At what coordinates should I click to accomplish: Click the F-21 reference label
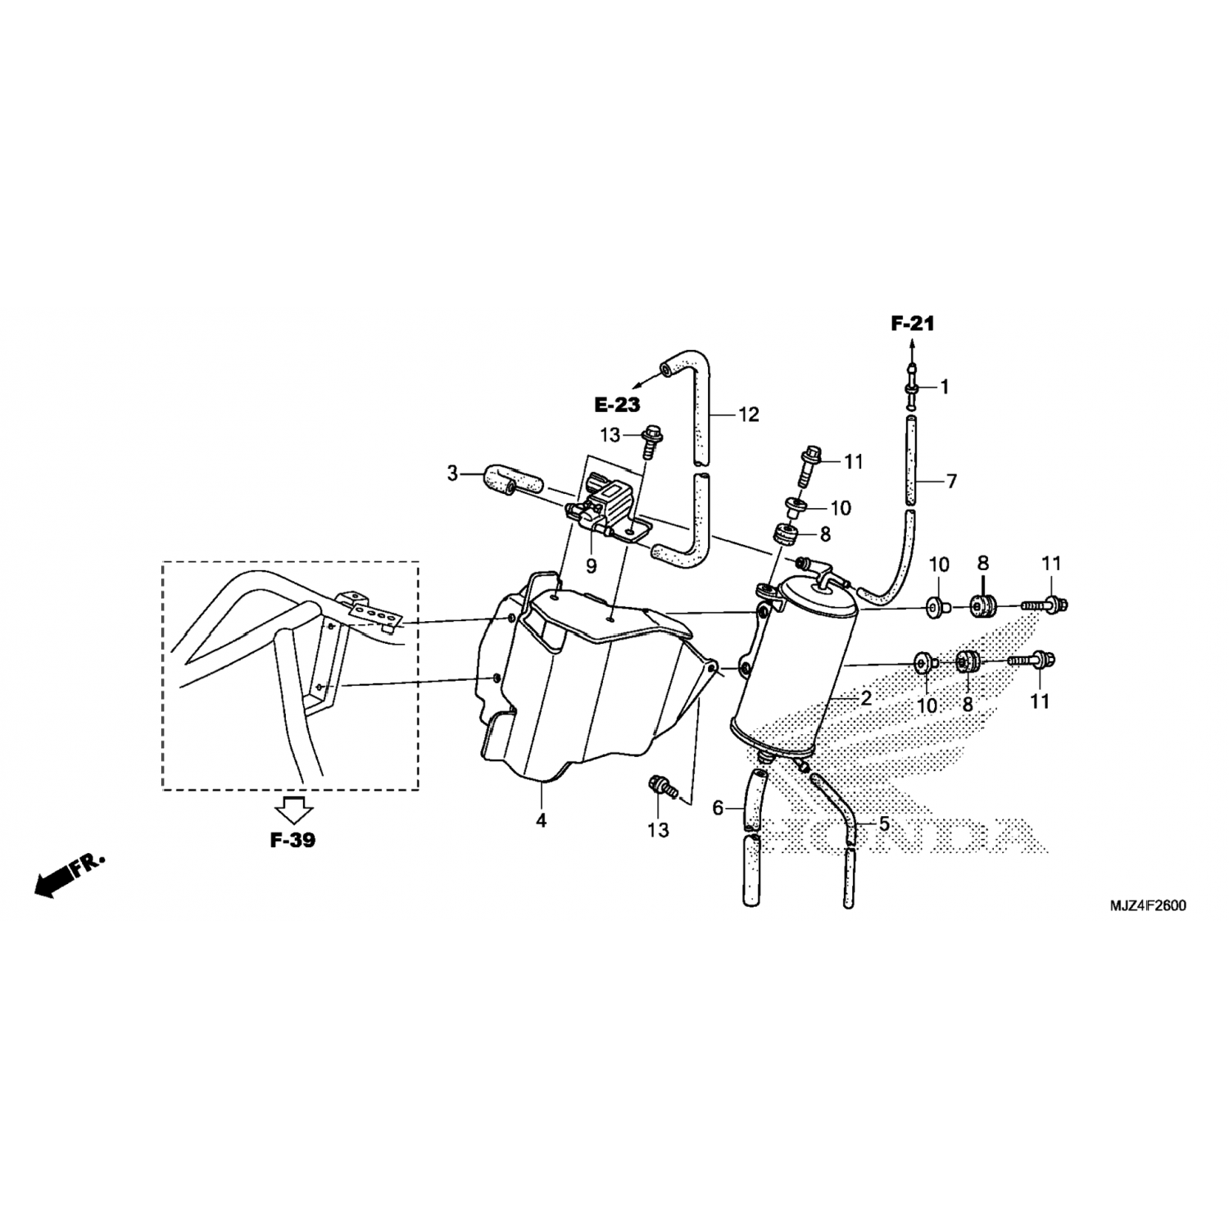click(913, 324)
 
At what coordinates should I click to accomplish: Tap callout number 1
click(944, 387)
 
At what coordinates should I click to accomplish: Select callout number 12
click(749, 415)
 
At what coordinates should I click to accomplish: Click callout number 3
click(452, 473)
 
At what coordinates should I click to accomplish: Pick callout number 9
click(591, 565)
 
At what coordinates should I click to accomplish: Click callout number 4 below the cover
click(542, 819)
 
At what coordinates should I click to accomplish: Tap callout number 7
click(951, 482)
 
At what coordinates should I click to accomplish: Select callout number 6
click(719, 809)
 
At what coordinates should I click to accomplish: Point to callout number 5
click(884, 823)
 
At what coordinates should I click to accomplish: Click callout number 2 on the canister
click(866, 699)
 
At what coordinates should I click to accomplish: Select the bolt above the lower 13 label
click(664, 788)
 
